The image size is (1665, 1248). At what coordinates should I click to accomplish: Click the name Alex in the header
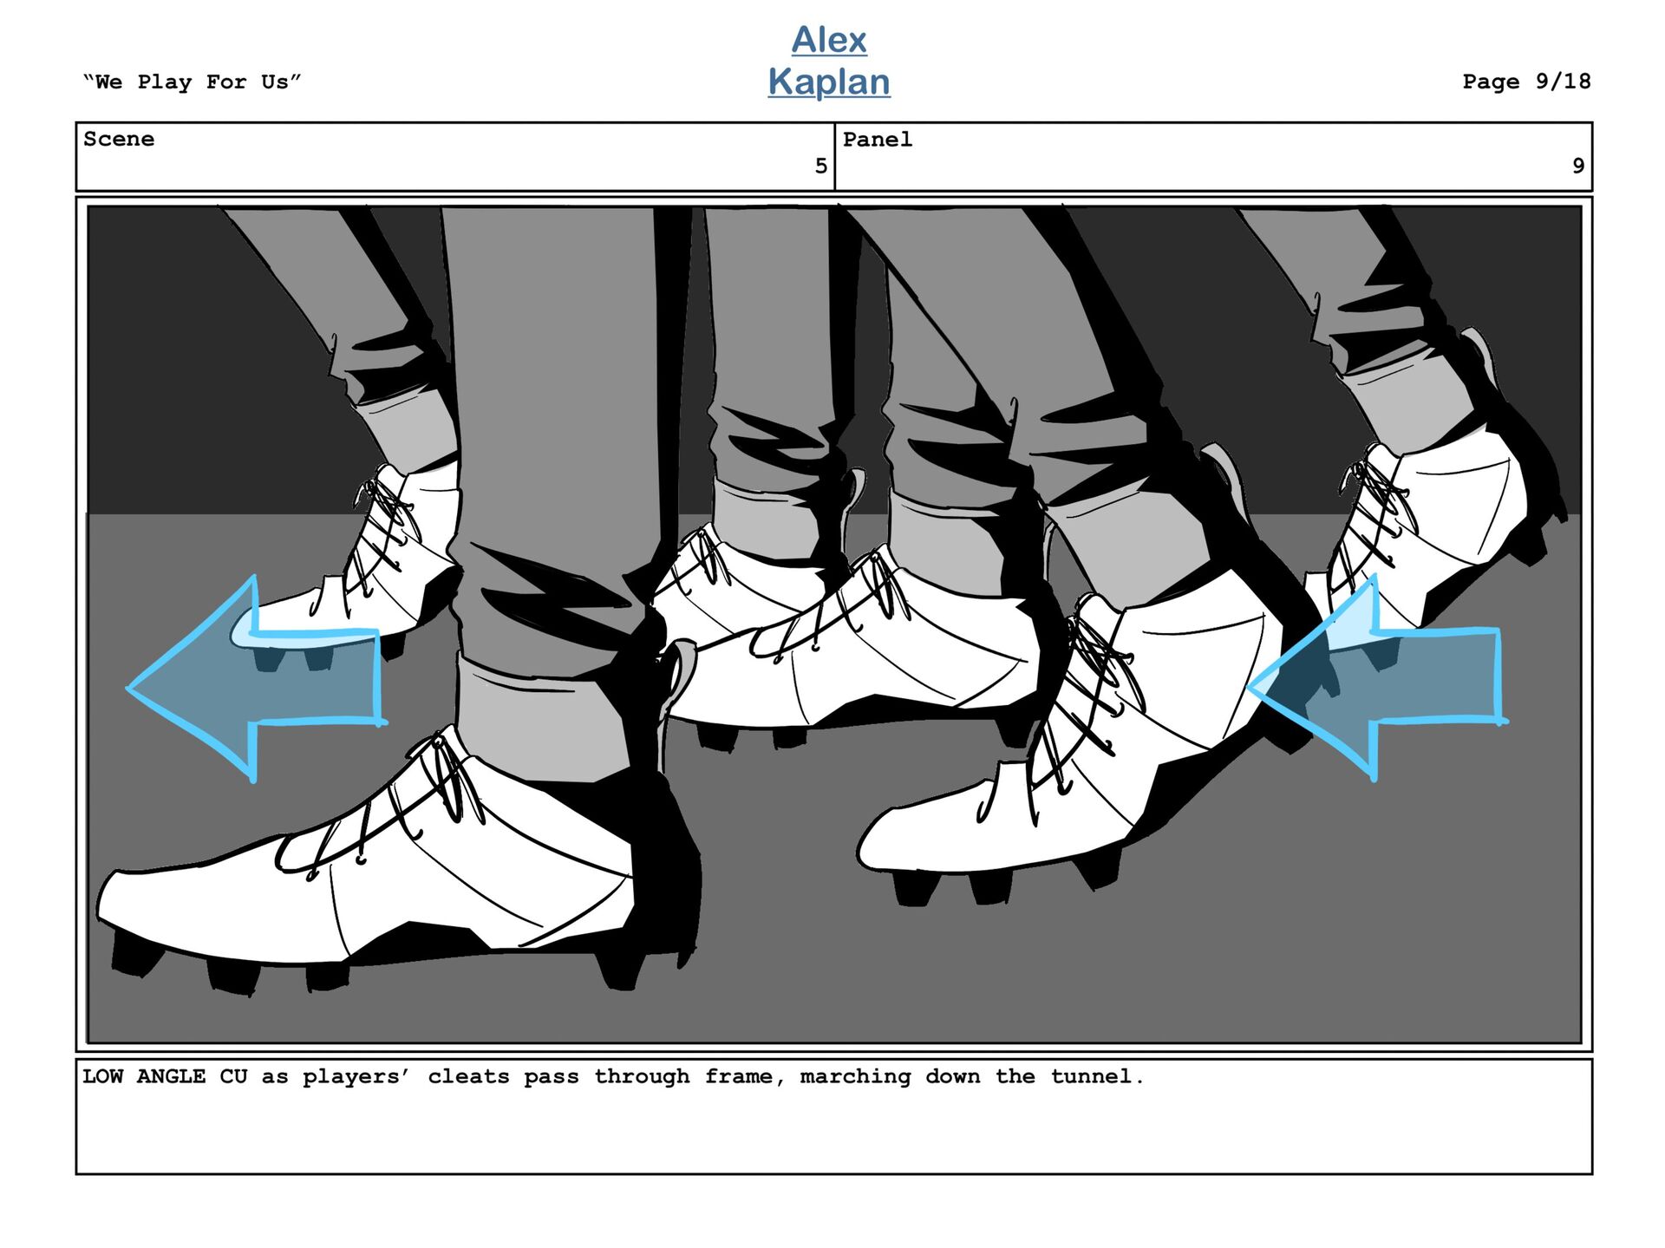click(x=829, y=40)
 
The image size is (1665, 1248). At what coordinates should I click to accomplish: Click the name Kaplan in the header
click(x=829, y=82)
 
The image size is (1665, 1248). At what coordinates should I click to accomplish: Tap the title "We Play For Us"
click(x=192, y=82)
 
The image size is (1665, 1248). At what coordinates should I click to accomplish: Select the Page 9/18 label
click(x=1526, y=82)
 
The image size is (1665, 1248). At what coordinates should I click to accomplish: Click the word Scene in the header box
click(x=119, y=139)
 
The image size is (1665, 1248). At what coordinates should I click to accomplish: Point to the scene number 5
click(x=820, y=166)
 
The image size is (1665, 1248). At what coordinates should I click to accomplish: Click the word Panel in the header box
click(x=878, y=139)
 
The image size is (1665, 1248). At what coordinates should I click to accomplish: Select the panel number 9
click(x=1578, y=166)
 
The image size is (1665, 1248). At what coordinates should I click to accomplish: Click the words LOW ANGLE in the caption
click(x=144, y=1076)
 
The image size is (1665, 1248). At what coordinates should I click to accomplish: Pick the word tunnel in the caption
click(x=1097, y=1076)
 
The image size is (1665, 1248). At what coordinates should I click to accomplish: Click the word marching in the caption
click(x=855, y=1076)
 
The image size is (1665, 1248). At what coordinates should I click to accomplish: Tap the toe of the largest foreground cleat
click(x=130, y=902)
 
